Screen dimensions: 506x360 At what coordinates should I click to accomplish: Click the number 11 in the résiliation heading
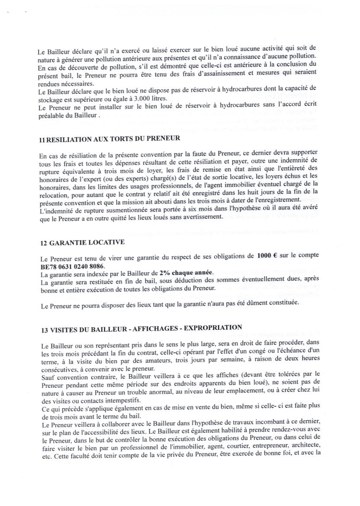coord(42,139)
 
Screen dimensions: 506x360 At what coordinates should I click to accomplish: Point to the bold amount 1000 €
coord(267,256)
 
